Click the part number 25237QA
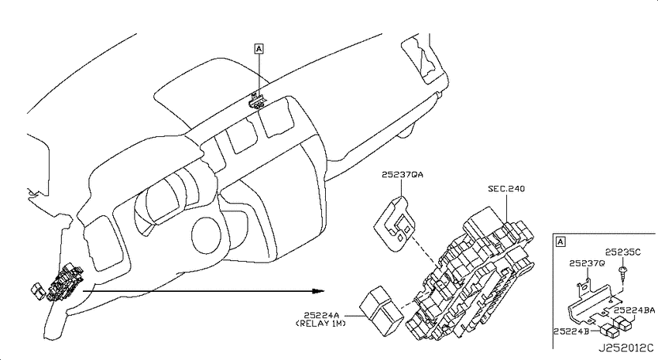[402, 174]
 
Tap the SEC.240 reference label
[506, 189]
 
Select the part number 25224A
[321, 314]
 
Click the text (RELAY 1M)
[321, 324]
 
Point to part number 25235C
[622, 252]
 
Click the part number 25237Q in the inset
[587, 263]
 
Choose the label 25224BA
[635, 310]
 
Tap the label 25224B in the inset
[571, 331]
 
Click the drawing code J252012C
[625, 348]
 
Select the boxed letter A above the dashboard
[259, 49]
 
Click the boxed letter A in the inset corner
[560, 242]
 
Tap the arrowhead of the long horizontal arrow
[319, 291]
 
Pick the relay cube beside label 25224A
[381, 311]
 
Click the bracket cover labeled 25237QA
[395, 223]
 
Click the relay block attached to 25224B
[610, 331]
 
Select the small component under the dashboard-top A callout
[256, 101]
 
